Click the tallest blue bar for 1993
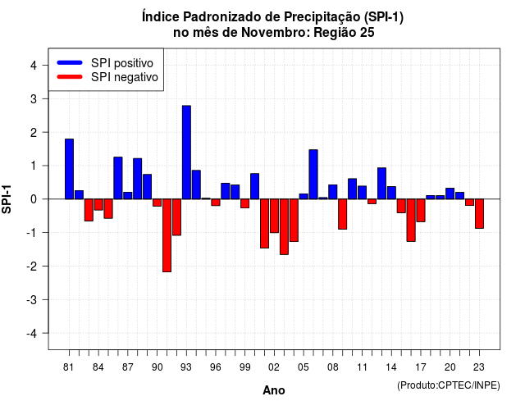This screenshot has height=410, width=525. (186, 153)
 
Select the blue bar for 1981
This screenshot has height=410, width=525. (69, 169)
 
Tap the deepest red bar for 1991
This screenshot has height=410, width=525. (167, 235)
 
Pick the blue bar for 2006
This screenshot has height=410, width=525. (313, 175)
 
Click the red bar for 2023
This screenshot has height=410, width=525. (479, 213)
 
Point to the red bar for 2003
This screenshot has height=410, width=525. (284, 226)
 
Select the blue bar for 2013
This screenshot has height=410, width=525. (381, 184)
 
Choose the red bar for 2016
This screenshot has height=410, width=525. (411, 221)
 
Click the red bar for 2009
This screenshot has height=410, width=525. (343, 214)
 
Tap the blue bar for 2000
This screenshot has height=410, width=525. (255, 186)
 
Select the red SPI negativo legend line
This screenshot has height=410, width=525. (70, 76)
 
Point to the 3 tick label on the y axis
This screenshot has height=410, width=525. (34, 98)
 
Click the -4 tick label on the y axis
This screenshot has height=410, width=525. (32, 334)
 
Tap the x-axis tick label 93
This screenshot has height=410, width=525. (186, 367)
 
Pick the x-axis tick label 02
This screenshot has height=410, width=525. (274, 367)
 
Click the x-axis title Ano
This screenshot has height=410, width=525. (274, 390)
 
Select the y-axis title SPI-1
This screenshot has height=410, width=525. (7, 199)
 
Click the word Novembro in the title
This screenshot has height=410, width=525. (276, 33)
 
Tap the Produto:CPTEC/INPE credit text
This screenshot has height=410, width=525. (449, 385)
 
